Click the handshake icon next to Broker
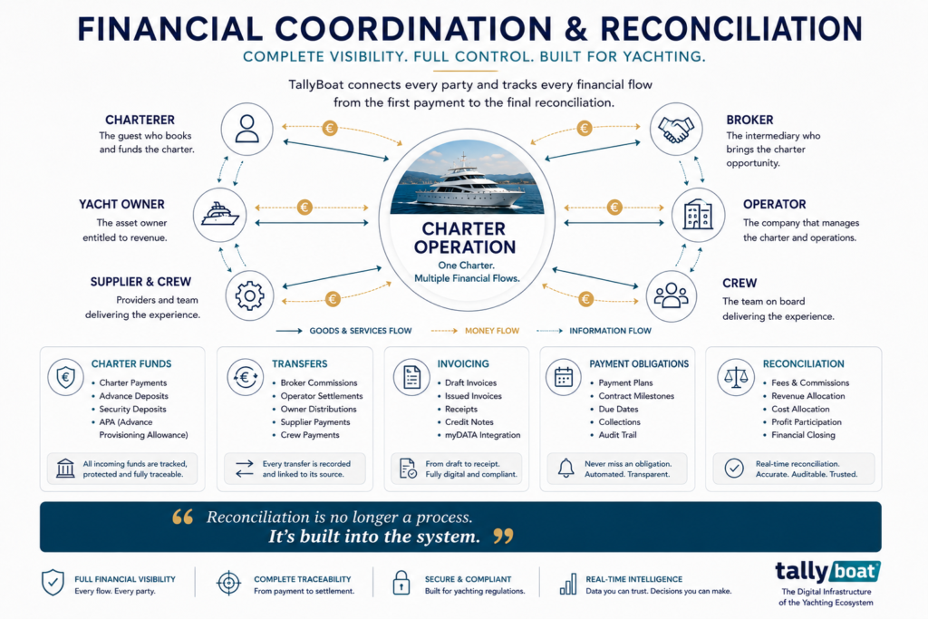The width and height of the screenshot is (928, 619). coord(676,130)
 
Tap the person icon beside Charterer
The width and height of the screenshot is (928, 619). coord(246,129)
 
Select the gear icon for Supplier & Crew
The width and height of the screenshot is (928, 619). coord(250,295)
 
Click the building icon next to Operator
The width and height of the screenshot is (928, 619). coord(699,214)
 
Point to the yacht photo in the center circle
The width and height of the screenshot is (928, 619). coord(467,177)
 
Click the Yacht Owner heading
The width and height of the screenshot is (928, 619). coord(122,204)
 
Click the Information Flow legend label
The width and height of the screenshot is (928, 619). coord(610,331)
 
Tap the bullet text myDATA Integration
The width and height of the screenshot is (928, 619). coord(482,435)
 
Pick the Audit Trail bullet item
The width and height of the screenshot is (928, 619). coord(617,435)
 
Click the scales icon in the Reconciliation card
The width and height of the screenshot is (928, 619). coord(736,377)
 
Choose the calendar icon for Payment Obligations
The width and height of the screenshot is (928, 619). coord(564,377)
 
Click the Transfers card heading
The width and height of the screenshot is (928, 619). coord(299,364)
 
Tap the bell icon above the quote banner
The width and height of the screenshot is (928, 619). coord(566,468)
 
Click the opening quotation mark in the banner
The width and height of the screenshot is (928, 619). coord(183,517)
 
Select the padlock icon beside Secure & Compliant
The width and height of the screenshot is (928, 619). coord(401,583)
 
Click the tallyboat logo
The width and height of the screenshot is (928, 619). coord(827,572)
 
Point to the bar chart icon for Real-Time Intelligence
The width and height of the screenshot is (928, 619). coord(568,584)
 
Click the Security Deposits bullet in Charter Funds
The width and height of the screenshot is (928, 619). coord(132,409)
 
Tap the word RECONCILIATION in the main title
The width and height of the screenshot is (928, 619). coord(731,28)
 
